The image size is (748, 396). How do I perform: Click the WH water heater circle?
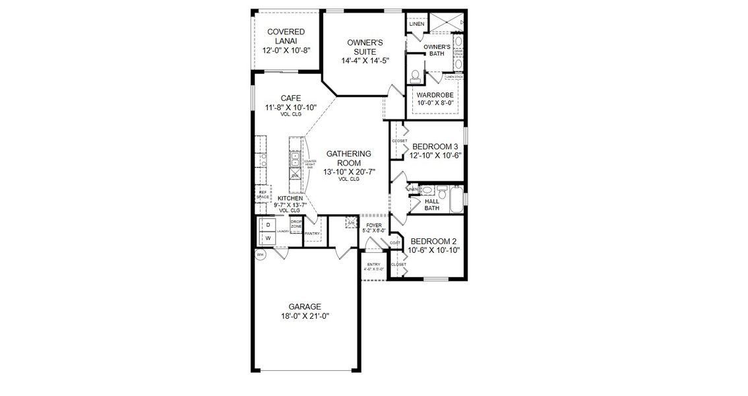pyautogui.click(x=261, y=255)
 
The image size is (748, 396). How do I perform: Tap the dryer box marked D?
pyautogui.click(x=268, y=225)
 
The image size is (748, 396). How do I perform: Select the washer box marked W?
pyautogui.click(x=268, y=238)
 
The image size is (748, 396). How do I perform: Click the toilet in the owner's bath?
pyautogui.click(x=416, y=76)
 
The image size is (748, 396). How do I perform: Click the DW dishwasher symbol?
pyautogui.click(x=295, y=176)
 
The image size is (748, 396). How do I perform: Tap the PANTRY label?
pyautogui.click(x=312, y=233)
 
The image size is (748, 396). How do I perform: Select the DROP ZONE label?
pyautogui.click(x=296, y=224)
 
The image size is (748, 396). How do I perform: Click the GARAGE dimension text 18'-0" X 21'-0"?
pyautogui.click(x=304, y=316)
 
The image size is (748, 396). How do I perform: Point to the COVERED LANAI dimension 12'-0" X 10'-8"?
pyautogui.click(x=286, y=49)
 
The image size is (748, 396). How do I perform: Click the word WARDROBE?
pyautogui.click(x=435, y=95)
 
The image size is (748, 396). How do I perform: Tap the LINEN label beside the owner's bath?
pyautogui.click(x=416, y=24)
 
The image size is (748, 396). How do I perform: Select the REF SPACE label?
pyautogui.click(x=263, y=195)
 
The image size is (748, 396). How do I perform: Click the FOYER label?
pyautogui.click(x=373, y=225)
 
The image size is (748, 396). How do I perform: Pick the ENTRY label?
pyautogui.click(x=374, y=265)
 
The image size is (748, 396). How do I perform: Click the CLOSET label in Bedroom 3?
pyautogui.click(x=400, y=141)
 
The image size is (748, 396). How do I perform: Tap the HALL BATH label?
pyautogui.click(x=432, y=205)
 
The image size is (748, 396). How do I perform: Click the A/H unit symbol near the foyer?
pyautogui.click(x=350, y=223)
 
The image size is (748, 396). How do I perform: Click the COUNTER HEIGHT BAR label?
pyautogui.click(x=310, y=163)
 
